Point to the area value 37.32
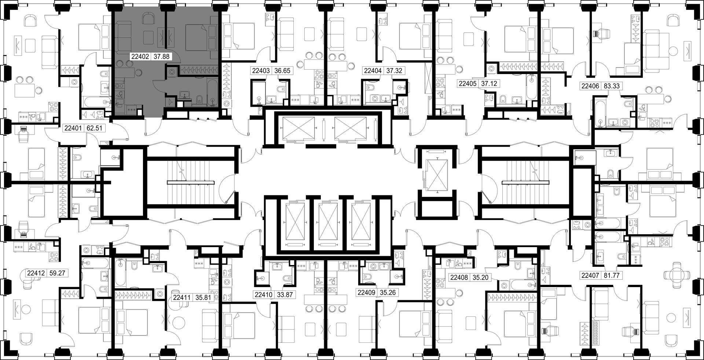click(x=394, y=71)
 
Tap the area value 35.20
click(x=480, y=278)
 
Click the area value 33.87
click(x=285, y=294)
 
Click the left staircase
click(x=191, y=182)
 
